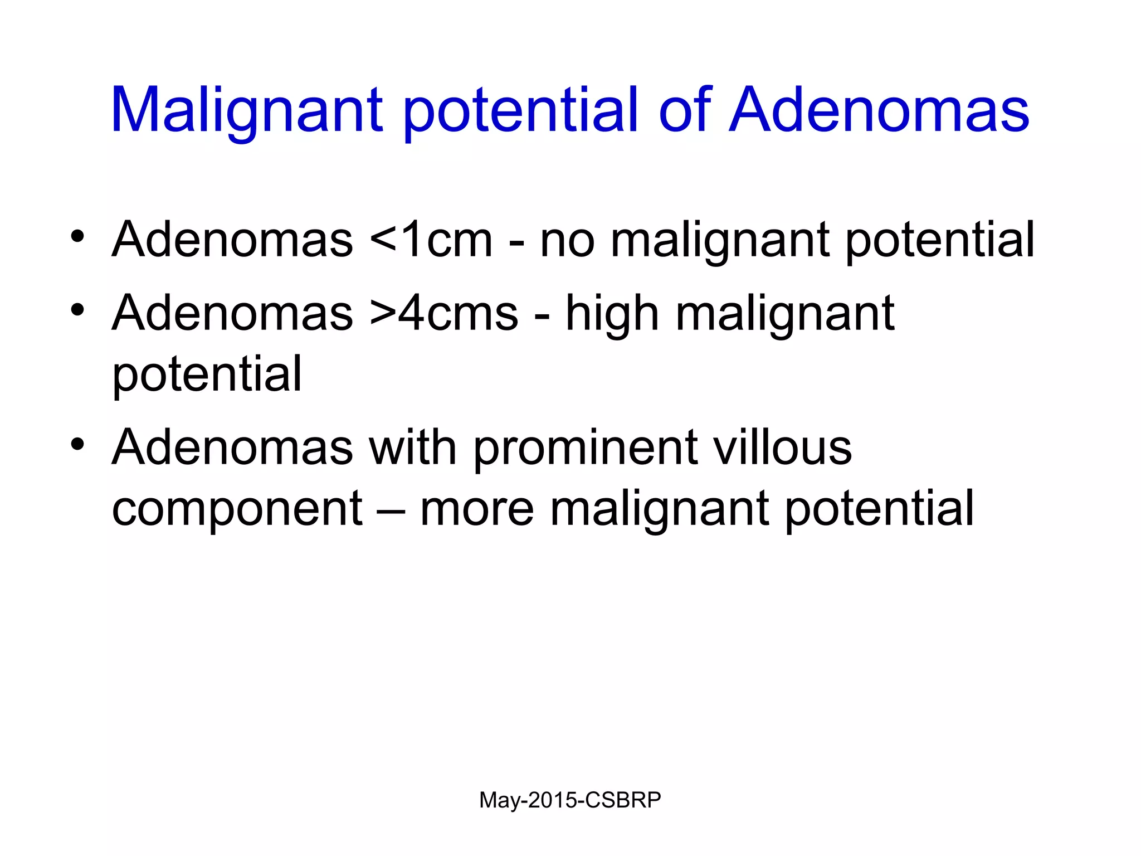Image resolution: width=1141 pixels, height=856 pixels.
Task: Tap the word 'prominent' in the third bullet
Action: [586, 449]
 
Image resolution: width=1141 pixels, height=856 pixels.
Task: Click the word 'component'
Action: [237, 510]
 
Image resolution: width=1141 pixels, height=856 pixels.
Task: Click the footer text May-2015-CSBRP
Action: [570, 800]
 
